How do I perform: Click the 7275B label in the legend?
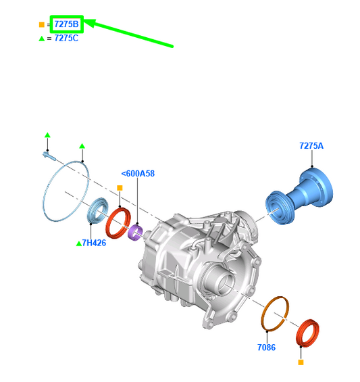[x=66, y=24]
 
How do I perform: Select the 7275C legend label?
[x=66, y=39]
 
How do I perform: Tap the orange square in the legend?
[x=42, y=24]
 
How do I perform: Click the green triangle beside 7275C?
[x=42, y=39]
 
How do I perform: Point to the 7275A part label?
[x=311, y=145]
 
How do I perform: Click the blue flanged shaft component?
[x=299, y=195]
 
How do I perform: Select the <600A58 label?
[x=138, y=174]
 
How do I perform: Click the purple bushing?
[x=135, y=233]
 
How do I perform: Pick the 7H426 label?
[x=94, y=243]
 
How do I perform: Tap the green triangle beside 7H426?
[x=79, y=243]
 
